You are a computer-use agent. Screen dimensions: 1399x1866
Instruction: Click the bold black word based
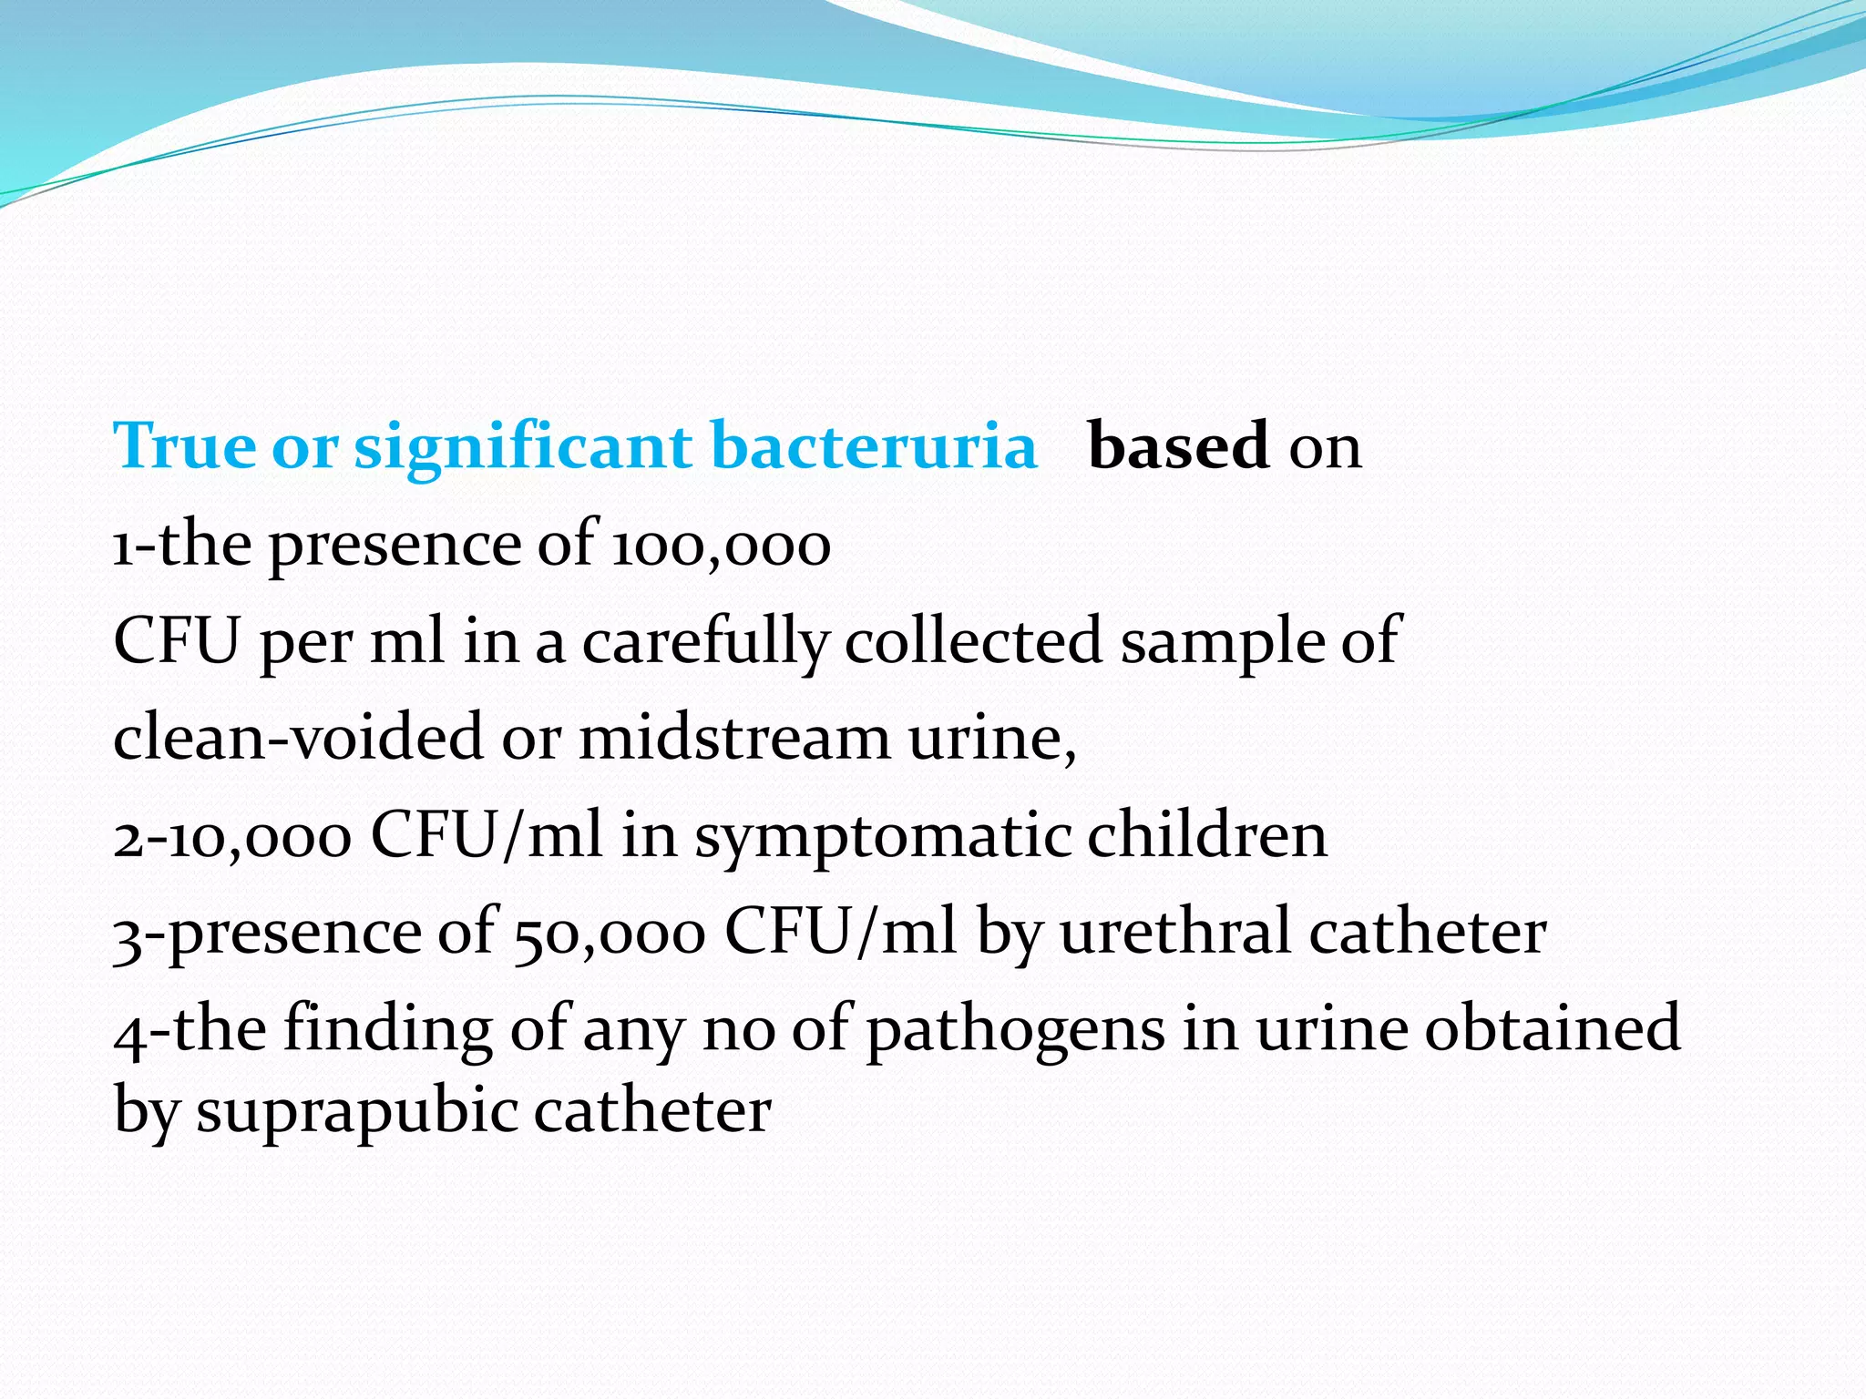pos(1178,446)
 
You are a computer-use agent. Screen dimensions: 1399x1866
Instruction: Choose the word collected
pos(974,640)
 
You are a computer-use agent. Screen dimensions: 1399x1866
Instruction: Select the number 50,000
pos(610,934)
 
